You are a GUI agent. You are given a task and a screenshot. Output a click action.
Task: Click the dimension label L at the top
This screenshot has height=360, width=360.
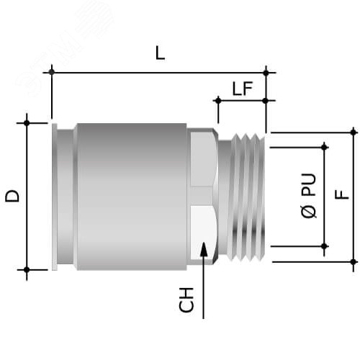[160, 53]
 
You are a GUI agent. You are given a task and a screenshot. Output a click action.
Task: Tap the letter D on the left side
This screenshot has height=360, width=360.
[13, 195]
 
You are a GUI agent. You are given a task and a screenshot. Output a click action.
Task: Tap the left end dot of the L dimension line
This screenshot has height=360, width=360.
[52, 71]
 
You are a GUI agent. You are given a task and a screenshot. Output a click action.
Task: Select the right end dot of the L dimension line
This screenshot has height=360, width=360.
[266, 71]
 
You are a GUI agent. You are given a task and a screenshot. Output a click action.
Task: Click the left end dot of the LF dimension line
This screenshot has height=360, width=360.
[215, 102]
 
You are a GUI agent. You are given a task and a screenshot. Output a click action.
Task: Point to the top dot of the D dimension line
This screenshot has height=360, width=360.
[27, 123]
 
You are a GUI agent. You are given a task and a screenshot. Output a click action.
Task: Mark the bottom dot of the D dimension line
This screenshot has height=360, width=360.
[27, 270]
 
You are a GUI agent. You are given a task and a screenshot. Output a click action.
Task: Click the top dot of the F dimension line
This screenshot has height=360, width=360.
[354, 131]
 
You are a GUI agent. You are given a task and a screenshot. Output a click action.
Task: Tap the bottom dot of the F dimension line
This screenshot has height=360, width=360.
[354, 261]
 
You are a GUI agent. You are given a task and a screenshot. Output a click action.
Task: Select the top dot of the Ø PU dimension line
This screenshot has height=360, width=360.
[325, 147]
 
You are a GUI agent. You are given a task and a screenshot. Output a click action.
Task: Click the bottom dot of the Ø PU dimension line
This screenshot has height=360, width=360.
[325, 246]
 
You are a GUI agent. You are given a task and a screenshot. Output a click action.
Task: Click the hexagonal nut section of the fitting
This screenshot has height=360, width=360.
[202, 194]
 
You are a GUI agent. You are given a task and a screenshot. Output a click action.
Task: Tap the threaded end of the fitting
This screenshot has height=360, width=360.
[243, 194]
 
